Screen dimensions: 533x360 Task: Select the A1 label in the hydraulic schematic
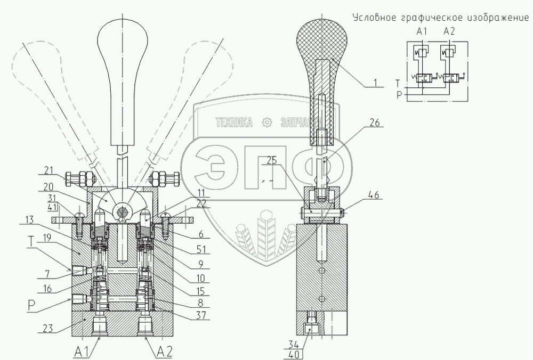pyautogui.click(x=422, y=32)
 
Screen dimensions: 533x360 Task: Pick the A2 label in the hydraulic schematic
pyautogui.click(x=448, y=32)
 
